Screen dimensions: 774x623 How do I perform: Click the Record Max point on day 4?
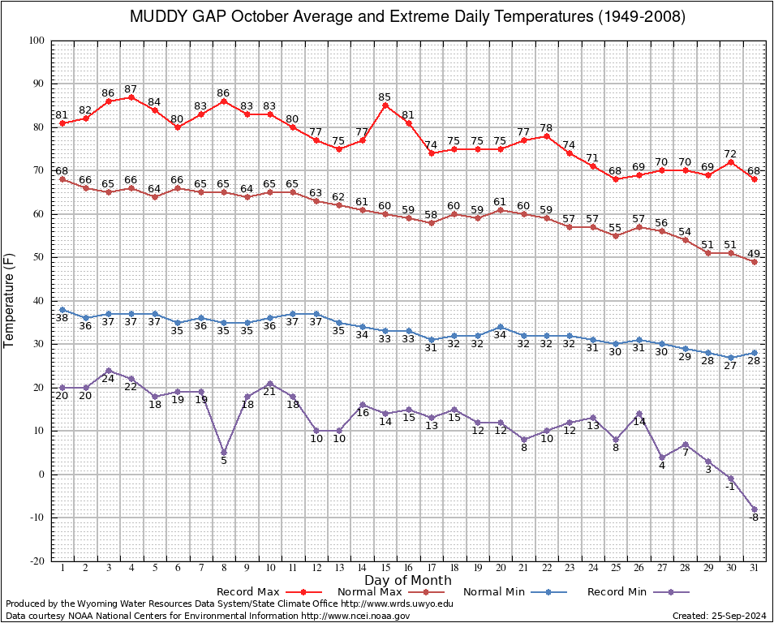(131, 97)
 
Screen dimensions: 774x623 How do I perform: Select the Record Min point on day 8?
(224, 452)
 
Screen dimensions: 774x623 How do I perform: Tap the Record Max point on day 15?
(385, 105)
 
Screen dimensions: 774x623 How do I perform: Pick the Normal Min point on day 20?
(501, 327)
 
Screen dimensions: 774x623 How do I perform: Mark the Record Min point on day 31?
(755, 509)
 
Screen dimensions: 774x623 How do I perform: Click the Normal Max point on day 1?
(62, 179)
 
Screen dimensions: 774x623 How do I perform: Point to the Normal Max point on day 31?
(755, 262)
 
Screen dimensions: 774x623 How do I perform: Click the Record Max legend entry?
(269, 591)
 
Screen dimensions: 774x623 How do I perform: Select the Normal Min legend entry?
(515, 591)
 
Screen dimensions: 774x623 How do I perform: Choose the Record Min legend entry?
(639, 591)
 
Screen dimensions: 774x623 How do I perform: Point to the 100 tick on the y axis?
(37, 41)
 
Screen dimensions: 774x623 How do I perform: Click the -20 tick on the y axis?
(37, 561)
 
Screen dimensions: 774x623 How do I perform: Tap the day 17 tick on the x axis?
(432, 568)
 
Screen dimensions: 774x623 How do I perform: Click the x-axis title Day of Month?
(408, 580)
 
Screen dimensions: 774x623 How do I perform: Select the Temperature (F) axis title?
(9, 301)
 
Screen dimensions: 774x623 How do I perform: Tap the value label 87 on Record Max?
(131, 89)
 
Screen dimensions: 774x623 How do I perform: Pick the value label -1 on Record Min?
(730, 487)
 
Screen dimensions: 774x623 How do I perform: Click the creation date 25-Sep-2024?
(739, 616)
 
